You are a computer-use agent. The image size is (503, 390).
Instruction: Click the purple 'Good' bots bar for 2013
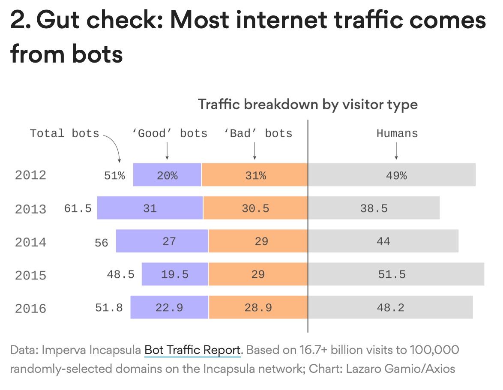[150, 208]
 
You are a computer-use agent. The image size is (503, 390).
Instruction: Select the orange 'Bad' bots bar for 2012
[254, 175]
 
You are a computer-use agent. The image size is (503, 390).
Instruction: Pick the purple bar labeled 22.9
[169, 308]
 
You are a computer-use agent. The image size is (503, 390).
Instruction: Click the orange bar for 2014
[258, 241]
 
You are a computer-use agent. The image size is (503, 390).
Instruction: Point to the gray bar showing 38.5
[374, 208]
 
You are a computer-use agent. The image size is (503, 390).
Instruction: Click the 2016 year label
[30, 309]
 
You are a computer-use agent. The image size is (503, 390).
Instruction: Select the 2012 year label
[30, 175]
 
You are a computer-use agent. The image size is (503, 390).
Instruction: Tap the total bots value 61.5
[78, 209]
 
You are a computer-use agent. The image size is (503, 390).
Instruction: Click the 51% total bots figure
[114, 175]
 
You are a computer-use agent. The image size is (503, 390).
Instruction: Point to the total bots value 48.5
[120, 274]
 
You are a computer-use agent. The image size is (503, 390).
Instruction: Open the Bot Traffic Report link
[192, 350]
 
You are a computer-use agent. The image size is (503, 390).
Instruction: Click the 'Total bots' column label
[64, 134]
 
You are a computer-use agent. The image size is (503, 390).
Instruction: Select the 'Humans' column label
[397, 134]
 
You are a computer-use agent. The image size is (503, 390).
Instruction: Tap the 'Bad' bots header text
[258, 134]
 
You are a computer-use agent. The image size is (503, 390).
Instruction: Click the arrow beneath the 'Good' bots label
[167, 151]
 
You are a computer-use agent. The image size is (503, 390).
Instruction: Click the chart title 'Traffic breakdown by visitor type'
[307, 105]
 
